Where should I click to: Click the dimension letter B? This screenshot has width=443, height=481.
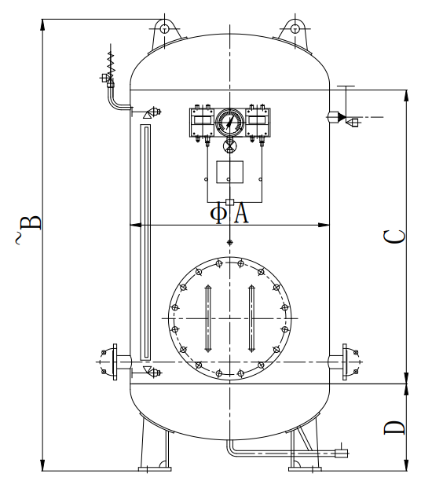[x=31, y=223]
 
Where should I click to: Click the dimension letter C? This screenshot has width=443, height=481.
[x=394, y=237]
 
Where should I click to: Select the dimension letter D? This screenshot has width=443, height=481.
[x=394, y=428]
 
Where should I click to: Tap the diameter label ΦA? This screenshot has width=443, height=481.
[x=229, y=214]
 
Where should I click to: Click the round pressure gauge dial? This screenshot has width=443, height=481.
[x=230, y=122]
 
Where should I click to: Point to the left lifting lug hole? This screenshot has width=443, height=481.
[x=165, y=29]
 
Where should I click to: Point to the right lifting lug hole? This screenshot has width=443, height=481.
[x=295, y=29]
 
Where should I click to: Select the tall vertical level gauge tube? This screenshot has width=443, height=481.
[x=145, y=242]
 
